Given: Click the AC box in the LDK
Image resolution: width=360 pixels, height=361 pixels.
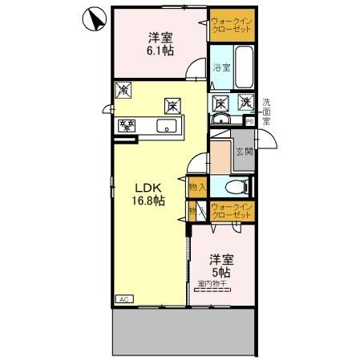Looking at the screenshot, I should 124,298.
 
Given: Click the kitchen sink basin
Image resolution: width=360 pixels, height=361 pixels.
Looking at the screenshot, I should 169,126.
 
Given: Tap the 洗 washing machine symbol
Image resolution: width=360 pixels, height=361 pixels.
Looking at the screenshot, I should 245,103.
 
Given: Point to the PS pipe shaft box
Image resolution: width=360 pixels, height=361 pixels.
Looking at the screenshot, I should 249,121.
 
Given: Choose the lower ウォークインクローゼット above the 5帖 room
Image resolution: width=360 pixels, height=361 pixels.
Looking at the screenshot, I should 232,212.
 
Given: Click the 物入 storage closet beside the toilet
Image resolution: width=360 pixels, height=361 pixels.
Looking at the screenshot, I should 197,187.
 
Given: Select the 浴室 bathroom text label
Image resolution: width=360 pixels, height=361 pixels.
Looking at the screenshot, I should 220,68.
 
